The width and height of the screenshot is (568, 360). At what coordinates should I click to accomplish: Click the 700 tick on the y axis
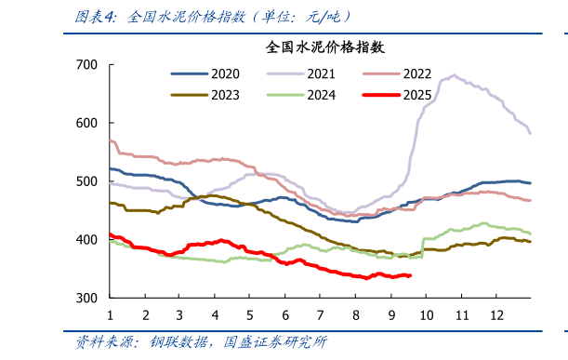pos(86,64)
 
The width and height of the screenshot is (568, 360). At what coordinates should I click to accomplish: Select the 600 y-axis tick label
pos(86,123)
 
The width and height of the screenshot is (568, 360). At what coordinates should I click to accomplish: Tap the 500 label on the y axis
pos(86,181)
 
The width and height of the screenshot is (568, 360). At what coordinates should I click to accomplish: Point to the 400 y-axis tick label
pos(86,240)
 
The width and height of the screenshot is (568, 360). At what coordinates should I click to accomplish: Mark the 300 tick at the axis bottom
pos(86,299)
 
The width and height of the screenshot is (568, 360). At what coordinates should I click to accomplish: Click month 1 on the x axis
pos(110,315)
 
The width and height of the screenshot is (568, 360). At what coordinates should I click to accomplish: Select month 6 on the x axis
pos(284,315)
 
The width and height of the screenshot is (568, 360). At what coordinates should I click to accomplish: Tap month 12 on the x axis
pos(495,315)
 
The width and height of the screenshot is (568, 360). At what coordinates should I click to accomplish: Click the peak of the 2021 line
pos(453,76)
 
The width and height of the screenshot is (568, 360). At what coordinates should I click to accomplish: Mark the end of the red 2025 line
pos(410,275)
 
